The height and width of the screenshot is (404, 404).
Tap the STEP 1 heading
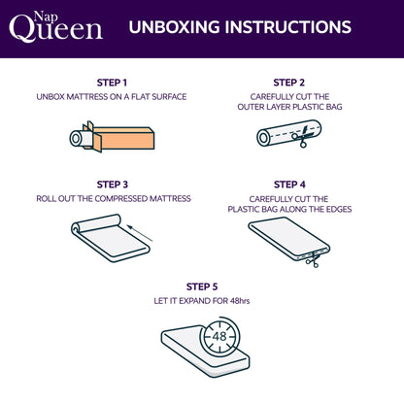tap(112, 83)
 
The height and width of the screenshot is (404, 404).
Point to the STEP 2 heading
tap(289, 83)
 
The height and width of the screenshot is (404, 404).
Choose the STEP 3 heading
tap(112, 184)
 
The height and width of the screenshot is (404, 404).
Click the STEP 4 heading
tap(289, 184)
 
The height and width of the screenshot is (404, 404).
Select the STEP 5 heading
tap(201, 286)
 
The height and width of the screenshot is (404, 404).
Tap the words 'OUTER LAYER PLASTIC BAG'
tap(289, 108)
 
